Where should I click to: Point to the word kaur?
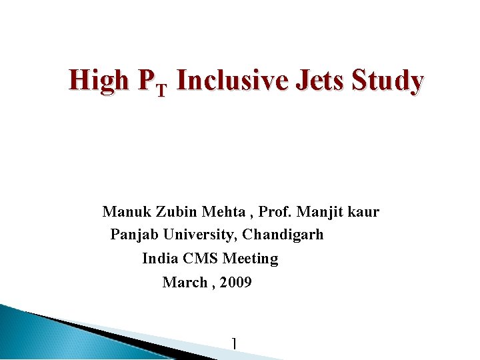pyautogui.click(x=364, y=212)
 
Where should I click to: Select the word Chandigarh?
pyautogui.click(x=283, y=235)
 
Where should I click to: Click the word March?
pyautogui.click(x=185, y=283)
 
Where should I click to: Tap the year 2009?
pyautogui.click(x=235, y=283)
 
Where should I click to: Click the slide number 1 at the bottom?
pyautogui.click(x=233, y=344)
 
